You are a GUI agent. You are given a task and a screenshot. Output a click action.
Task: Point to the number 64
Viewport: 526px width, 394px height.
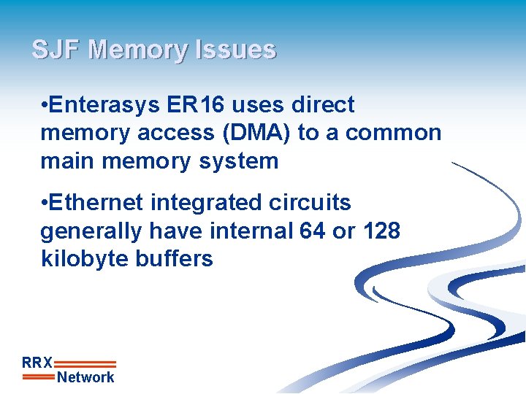point(313,231)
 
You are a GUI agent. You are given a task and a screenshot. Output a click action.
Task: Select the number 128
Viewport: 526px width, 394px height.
point(381,231)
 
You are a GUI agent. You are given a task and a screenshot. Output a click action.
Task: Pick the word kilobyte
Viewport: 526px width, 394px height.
point(80,258)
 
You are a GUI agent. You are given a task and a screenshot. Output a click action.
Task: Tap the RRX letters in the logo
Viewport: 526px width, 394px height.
point(37,362)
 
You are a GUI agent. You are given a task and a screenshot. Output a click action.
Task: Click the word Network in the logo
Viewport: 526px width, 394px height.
point(85,377)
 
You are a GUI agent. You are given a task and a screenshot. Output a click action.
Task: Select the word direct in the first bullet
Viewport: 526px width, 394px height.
point(323,105)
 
